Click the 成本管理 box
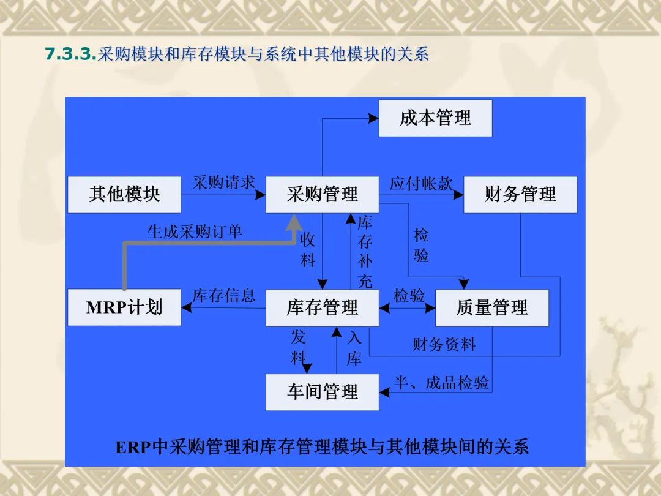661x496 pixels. pos(435,118)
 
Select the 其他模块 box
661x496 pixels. pos(124,195)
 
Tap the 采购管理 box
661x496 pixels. pos(322,195)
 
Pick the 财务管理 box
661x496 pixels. pos(520,195)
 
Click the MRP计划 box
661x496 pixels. pos(124,307)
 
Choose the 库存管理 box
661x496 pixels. pos(322,307)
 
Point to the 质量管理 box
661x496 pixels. pos(491,307)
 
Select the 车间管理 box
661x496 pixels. pos(322,392)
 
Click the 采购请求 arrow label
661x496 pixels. pos(223,182)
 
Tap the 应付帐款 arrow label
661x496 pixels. pos(421,183)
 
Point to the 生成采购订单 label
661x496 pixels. pos(195,231)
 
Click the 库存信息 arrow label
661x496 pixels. pos(223,296)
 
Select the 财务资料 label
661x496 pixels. pos(444,345)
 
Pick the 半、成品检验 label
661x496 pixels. pos(441,383)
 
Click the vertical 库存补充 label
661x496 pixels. pos(365,251)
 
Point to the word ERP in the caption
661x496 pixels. pos(133,447)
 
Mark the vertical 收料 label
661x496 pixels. pos(308,250)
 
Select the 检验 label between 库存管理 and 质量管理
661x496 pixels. pos(409,296)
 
